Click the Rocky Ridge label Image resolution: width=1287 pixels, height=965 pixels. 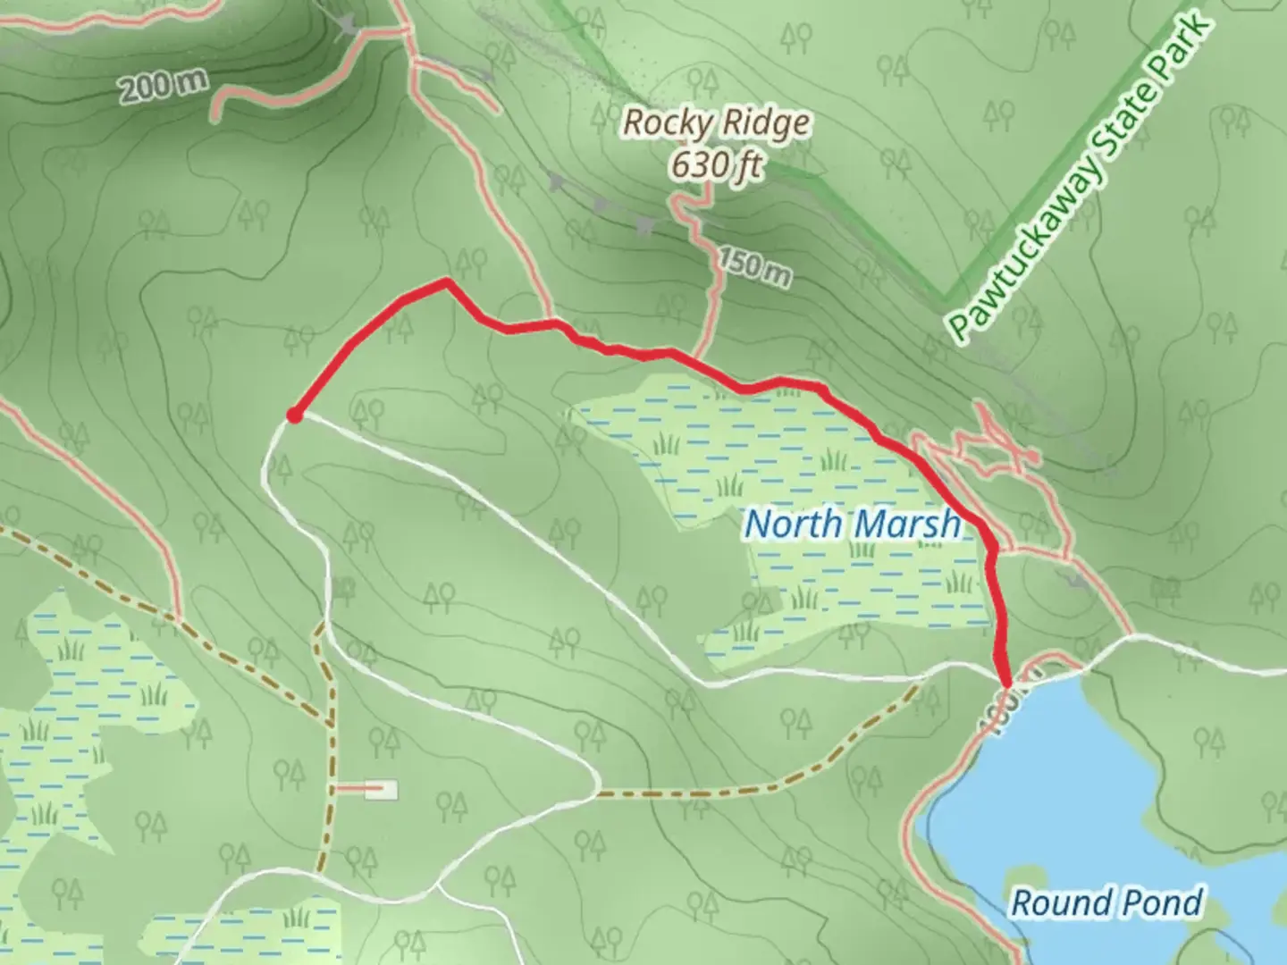click(x=716, y=123)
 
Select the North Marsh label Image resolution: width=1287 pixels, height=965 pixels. click(x=853, y=524)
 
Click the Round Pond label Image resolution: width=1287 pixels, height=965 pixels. click(x=1106, y=902)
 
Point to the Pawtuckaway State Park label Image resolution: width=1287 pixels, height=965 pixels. click(x=1081, y=179)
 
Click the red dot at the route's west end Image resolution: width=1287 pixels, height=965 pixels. click(x=293, y=415)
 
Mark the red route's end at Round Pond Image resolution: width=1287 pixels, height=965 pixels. click(x=1006, y=683)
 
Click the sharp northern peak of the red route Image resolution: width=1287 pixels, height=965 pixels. click(x=445, y=282)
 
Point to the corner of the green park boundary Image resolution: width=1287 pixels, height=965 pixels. click(x=946, y=296)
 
